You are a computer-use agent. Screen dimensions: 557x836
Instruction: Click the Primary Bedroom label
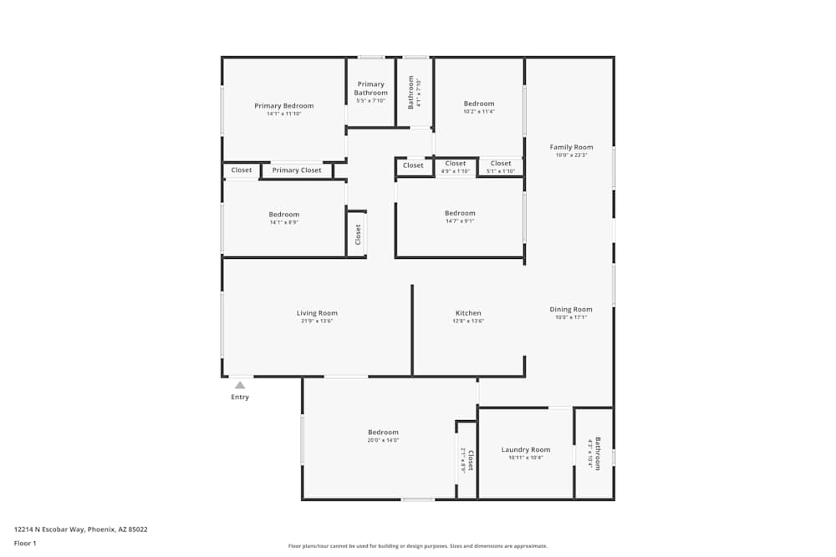pyautogui.click(x=284, y=106)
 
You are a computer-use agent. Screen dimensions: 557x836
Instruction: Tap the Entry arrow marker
pyautogui.click(x=240, y=385)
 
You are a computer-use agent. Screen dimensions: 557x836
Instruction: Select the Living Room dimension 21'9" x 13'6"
pyautogui.click(x=317, y=322)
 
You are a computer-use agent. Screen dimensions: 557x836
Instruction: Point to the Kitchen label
pyautogui.click(x=468, y=313)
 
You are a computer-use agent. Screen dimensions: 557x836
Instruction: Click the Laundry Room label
pyautogui.click(x=526, y=450)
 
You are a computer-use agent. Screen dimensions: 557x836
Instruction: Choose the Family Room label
pyautogui.click(x=572, y=148)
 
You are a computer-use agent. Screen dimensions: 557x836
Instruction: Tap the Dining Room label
pyautogui.click(x=571, y=310)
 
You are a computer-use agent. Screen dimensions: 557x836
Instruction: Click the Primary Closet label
pyautogui.click(x=297, y=170)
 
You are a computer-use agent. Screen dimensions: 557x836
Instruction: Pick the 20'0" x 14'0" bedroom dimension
pyautogui.click(x=384, y=441)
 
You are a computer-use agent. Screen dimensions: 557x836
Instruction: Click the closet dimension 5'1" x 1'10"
pyautogui.click(x=501, y=171)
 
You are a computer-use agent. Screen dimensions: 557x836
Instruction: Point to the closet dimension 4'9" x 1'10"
pyautogui.click(x=456, y=171)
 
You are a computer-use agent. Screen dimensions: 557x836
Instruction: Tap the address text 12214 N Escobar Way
pyautogui.click(x=81, y=529)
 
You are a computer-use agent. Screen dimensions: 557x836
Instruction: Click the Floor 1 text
pyautogui.click(x=25, y=543)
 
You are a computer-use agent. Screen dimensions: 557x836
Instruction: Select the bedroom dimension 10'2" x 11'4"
pyautogui.click(x=479, y=112)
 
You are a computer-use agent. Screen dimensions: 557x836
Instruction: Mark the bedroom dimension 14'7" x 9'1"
pyautogui.click(x=460, y=221)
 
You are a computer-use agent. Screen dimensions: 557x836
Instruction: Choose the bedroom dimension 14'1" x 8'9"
pyautogui.click(x=284, y=222)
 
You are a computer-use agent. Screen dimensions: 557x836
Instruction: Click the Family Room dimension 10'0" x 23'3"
pyautogui.click(x=572, y=155)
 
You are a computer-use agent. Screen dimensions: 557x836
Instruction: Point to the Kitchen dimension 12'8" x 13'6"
pyautogui.click(x=468, y=322)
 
